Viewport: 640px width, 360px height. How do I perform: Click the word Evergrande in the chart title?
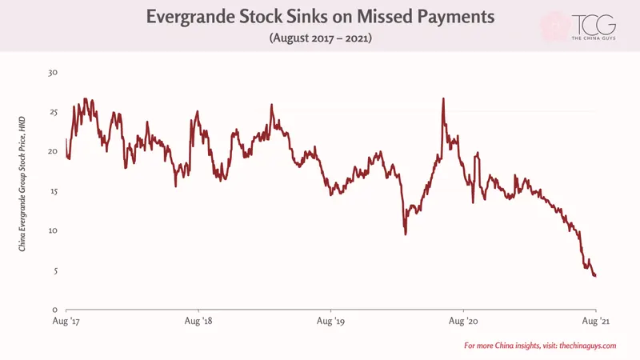[x=190, y=17]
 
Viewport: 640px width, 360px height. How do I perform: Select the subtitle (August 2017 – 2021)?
[x=321, y=38]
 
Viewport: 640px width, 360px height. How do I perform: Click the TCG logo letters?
[x=594, y=25]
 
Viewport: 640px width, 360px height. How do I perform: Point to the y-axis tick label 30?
[x=53, y=73]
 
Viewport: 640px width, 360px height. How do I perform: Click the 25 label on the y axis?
[x=53, y=112]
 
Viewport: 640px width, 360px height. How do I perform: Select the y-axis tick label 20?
[x=53, y=151]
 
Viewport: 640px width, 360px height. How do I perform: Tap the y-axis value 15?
[x=53, y=191]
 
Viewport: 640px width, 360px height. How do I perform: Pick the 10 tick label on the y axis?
[x=53, y=230]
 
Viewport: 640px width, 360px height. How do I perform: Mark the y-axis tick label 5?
[x=55, y=270]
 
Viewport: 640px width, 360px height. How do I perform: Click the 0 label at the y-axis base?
[x=55, y=310]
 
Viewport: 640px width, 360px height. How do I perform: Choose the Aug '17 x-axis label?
[x=66, y=322]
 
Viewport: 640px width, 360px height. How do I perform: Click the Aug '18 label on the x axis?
[x=198, y=322]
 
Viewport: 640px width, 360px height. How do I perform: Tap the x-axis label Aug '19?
[x=330, y=322]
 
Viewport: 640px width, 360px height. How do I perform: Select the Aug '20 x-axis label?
[x=463, y=322]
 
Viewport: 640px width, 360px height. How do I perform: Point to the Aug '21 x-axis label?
[x=595, y=322]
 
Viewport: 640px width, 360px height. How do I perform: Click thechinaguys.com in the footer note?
[x=588, y=346]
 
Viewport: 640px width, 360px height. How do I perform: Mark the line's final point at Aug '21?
[x=596, y=276]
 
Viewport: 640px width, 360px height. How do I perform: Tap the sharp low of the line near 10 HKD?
[x=406, y=234]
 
